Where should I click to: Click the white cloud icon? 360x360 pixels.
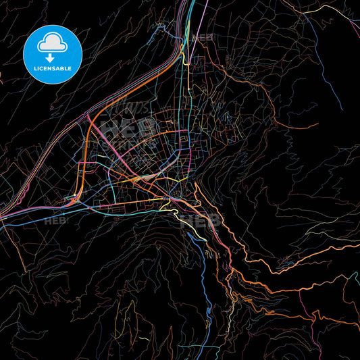click(52, 44)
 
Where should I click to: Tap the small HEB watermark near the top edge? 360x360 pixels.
click(202, 37)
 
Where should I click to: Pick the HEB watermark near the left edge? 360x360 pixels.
click(55, 220)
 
